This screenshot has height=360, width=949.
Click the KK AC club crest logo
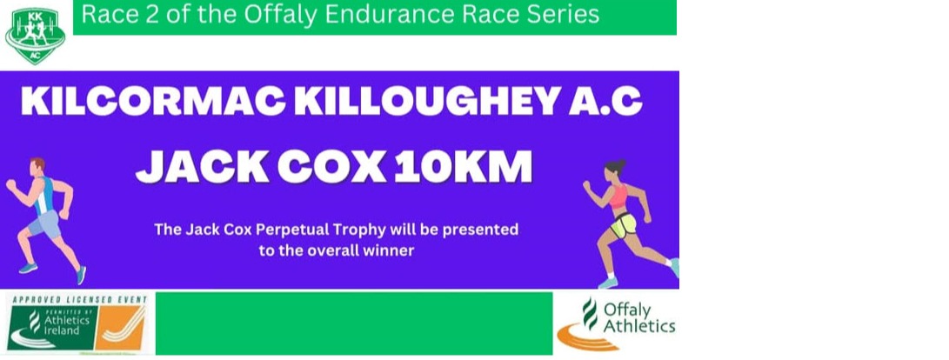click(35, 36)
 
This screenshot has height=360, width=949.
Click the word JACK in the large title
click(203, 167)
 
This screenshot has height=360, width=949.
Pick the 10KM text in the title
click(464, 167)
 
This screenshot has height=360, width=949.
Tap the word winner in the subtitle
click(391, 250)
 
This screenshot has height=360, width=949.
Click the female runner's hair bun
click(608, 164)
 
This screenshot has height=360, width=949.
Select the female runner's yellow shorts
click(624, 226)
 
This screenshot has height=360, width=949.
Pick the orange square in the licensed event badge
click(121, 327)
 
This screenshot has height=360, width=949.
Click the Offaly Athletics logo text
click(638, 319)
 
